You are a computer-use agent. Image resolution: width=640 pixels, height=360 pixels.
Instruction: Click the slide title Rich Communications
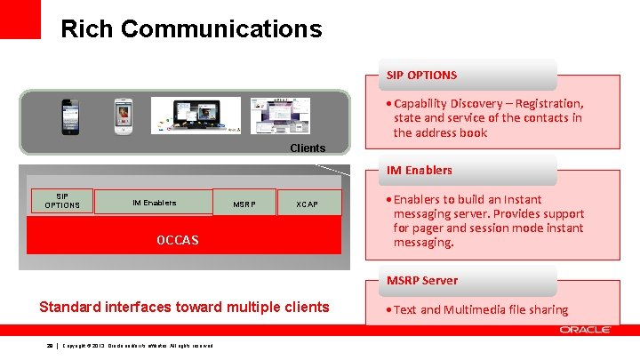click(190, 29)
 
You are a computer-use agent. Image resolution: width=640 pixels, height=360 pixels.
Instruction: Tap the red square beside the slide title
click(20, 19)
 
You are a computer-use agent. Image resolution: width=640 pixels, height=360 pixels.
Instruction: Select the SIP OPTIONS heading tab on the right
click(422, 75)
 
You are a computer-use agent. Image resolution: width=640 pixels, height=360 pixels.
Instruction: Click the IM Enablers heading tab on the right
click(419, 170)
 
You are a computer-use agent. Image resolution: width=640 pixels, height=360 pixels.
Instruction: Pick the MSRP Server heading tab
click(422, 280)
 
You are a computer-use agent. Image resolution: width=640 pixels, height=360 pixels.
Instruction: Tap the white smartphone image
click(123, 116)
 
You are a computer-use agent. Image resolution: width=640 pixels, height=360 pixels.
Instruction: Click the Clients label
click(308, 148)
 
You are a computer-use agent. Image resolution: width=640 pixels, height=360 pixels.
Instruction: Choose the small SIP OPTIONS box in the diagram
click(62, 201)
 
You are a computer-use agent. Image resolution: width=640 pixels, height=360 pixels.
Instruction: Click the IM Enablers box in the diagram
click(154, 203)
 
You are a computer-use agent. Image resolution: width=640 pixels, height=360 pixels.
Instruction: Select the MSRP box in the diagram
click(244, 204)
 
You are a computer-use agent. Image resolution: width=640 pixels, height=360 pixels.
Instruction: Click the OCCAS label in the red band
click(177, 240)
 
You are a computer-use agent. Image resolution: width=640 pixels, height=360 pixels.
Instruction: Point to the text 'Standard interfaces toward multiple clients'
click(184, 307)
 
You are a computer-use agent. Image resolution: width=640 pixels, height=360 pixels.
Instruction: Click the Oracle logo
click(584, 330)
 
